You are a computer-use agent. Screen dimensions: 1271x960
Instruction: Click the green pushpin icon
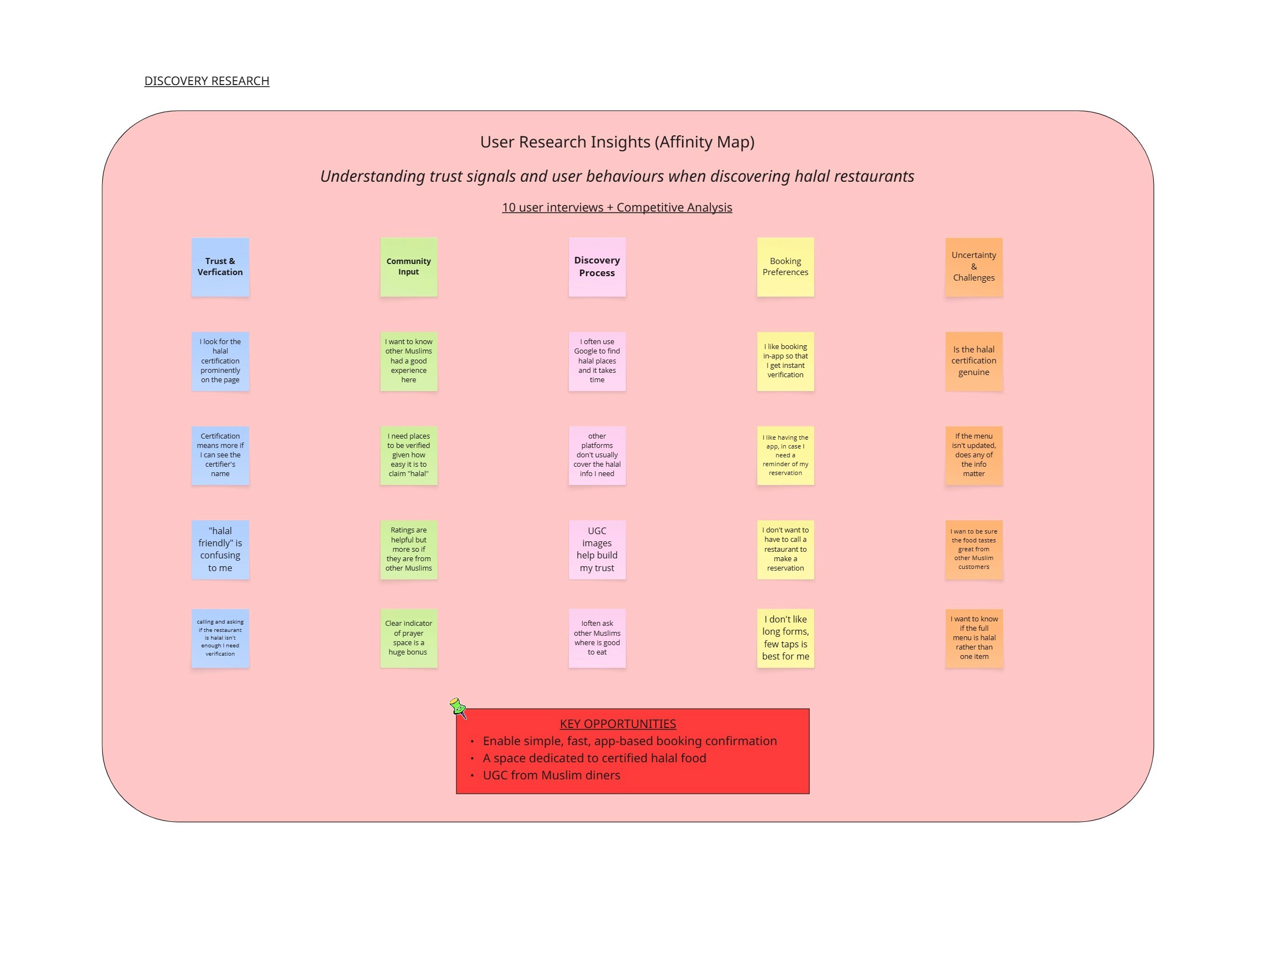click(x=458, y=707)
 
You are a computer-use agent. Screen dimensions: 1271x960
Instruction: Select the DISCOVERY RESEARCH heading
click(x=206, y=81)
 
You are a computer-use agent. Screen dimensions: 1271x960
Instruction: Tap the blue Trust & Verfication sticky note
click(x=220, y=267)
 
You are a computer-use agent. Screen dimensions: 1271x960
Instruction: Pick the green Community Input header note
click(x=409, y=267)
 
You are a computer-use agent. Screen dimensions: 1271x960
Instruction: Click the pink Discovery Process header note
click(x=597, y=267)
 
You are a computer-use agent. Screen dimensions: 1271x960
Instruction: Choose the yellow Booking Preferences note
click(x=785, y=267)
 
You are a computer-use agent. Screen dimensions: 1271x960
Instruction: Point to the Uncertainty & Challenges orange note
click(x=974, y=267)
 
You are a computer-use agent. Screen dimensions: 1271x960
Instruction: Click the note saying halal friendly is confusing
click(x=220, y=550)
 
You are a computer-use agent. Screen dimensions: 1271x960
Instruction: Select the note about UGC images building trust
click(x=597, y=550)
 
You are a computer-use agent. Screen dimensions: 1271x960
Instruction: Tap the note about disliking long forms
click(x=785, y=639)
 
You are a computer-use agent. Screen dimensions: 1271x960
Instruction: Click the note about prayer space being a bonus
click(x=409, y=639)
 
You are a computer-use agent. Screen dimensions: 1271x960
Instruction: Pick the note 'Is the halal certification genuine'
click(x=974, y=361)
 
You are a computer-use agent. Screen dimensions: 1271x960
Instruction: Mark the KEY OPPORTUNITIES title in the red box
click(x=618, y=724)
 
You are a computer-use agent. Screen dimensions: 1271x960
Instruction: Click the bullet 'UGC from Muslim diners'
click(x=552, y=776)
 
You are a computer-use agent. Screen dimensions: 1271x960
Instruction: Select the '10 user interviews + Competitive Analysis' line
click(x=617, y=207)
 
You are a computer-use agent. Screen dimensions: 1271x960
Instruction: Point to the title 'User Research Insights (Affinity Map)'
click(x=617, y=142)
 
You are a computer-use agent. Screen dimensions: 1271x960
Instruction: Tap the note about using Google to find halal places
click(x=597, y=361)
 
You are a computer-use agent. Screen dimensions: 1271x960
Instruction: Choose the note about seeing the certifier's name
click(x=220, y=456)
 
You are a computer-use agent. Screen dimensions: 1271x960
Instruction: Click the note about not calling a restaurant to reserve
click(x=785, y=550)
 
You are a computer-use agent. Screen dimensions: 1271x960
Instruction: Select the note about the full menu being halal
click(x=974, y=639)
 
